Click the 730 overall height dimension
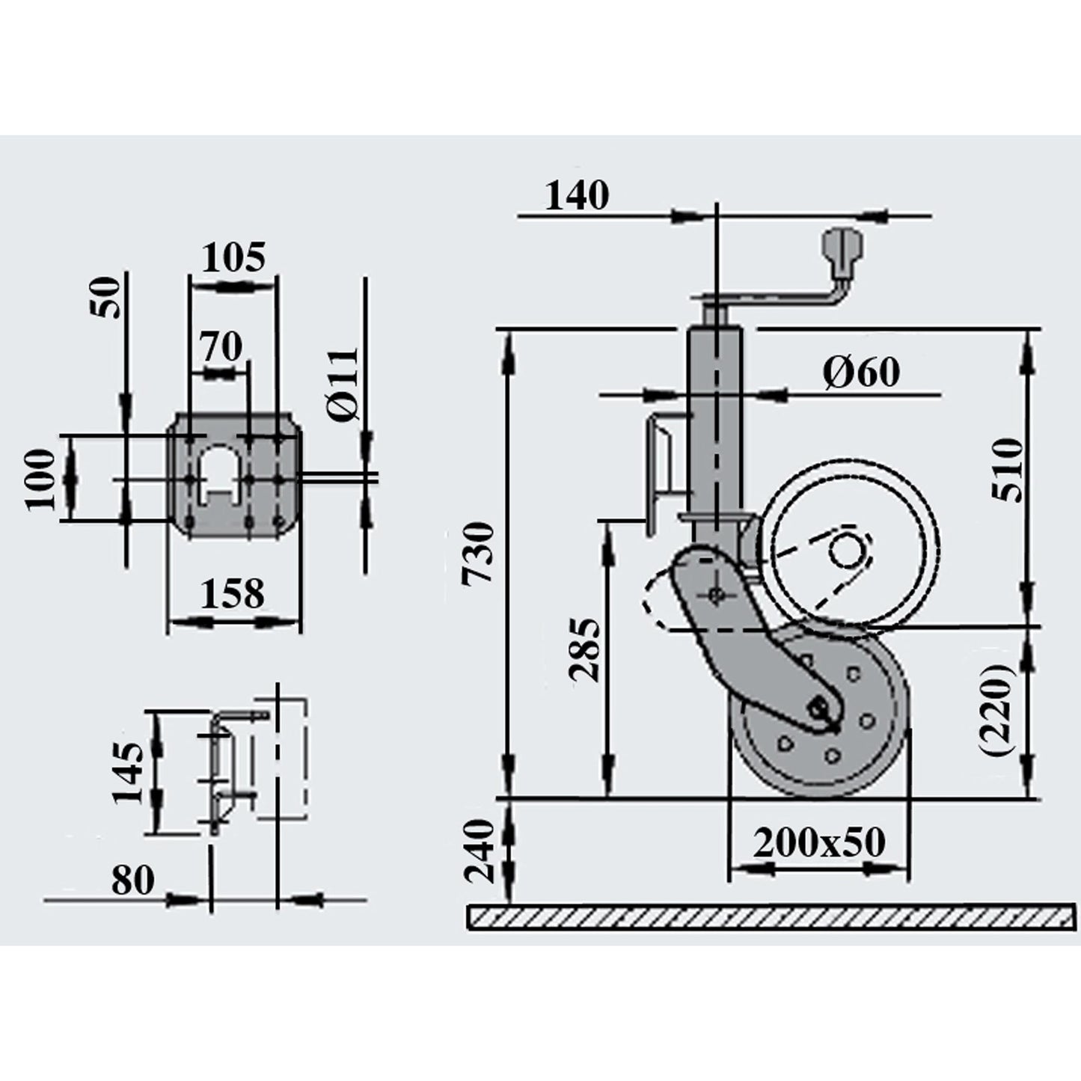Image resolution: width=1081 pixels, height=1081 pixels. (x=478, y=554)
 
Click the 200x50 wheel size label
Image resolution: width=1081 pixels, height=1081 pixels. (x=819, y=843)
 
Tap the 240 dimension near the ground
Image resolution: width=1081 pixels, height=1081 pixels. (x=480, y=852)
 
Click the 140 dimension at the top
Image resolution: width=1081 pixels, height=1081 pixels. (x=576, y=196)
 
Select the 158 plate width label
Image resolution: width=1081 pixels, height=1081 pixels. (x=233, y=594)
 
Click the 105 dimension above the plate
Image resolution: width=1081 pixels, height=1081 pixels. (x=233, y=258)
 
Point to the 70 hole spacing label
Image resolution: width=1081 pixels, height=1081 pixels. (x=221, y=346)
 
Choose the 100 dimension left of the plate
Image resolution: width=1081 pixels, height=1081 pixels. (x=40, y=480)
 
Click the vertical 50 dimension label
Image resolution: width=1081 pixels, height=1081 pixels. (x=105, y=297)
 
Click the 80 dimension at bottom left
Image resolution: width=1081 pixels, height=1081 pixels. (x=133, y=881)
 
